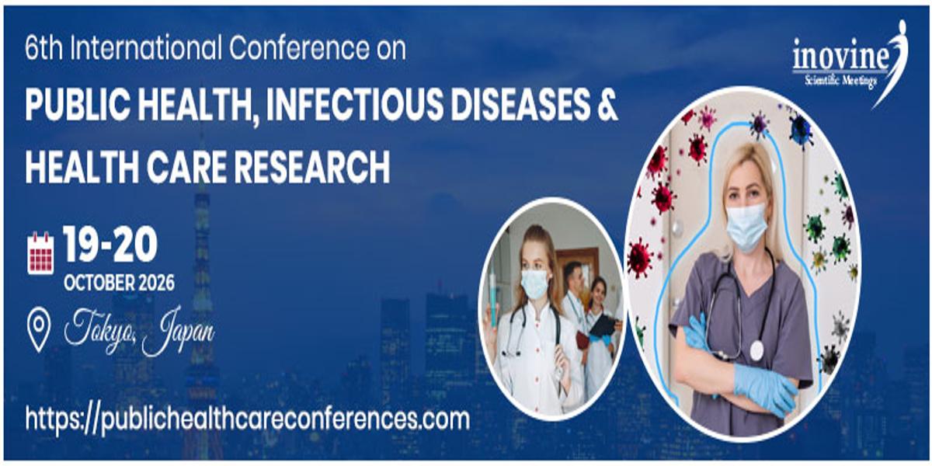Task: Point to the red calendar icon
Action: (x=40, y=253)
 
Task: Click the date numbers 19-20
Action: (x=110, y=245)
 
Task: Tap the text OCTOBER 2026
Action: (x=119, y=283)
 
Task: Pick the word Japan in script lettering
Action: (x=178, y=331)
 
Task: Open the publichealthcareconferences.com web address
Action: (x=248, y=419)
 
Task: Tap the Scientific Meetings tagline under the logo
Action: (x=840, y=80)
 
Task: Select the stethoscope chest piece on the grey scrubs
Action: (x=756, y=350)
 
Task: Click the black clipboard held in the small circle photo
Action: (x=603, y=325)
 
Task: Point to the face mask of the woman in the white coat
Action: (x=534, y=283)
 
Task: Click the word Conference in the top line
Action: (x=299, y=48)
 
